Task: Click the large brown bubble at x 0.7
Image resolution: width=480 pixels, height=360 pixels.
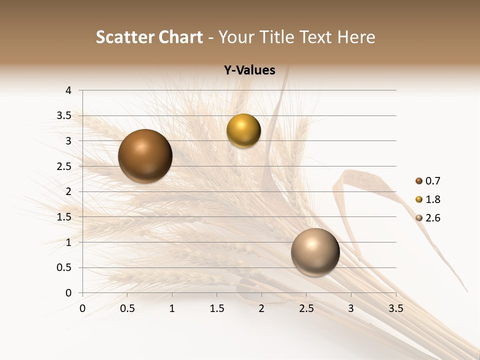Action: tap(145, 156)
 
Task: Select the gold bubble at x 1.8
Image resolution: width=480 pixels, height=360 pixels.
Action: tap(243, 131)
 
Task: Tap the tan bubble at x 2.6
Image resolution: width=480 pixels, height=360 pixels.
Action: tap(315, 252)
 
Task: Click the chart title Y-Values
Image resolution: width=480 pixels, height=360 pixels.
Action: tap(249, 70)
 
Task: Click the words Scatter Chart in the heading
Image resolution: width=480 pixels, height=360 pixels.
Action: tap(149, 37)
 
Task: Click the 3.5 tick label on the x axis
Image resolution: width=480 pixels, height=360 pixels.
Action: tap(395, 308)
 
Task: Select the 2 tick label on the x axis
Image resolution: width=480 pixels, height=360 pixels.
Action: tap(261, 308)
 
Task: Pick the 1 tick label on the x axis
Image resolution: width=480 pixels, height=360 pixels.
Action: tap(172, 308)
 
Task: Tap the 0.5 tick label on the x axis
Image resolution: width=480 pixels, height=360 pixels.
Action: tap(127, 308)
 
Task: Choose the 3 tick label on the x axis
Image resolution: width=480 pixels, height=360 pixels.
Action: tap(351, 308)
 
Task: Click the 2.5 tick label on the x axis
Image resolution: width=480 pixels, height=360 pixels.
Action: tap(306, 308)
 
